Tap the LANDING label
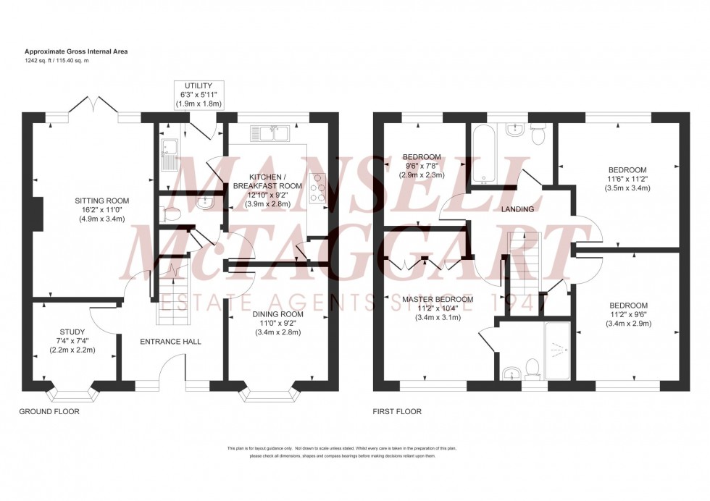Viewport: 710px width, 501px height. click(x=517, y=209)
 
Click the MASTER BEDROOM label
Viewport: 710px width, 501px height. click(x=438, y=299)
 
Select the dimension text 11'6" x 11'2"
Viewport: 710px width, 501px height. click(x=628, y=178)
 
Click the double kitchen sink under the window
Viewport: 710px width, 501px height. click(x=270, y=133)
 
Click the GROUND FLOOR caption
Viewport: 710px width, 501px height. click(x=49, y=411)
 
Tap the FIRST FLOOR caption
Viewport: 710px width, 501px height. click(x=396, y=411)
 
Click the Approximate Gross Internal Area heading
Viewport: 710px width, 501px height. click(x=77, y=51)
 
